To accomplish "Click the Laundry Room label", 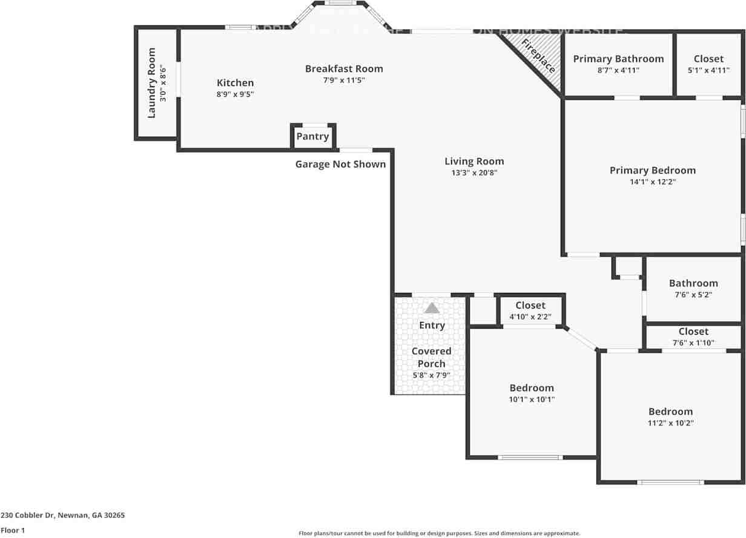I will (x=151, y=83).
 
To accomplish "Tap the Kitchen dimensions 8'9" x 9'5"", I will (x=236, y=94).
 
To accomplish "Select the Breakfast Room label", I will (x=344, y=68).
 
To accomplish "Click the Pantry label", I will (x=312, y=136).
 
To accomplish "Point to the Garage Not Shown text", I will (x=340, y=164).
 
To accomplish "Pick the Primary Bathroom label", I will (x=618, y=59).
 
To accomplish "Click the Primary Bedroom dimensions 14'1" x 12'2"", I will (x=652, y=182).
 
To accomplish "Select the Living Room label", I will (x=474, y=161).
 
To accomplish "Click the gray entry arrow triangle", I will (x=432, y=308).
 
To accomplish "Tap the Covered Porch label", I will (x=432, y=357).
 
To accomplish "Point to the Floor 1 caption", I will (x=13, y=530).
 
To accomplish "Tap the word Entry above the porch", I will (x=432, y=325).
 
